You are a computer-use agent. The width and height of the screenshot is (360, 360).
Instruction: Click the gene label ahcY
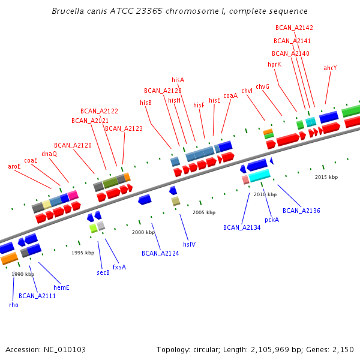tap(330, 68)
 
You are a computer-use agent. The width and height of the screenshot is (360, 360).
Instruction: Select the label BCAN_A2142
tap(294, 28)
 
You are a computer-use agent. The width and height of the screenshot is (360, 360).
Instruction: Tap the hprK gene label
tap(274, 65)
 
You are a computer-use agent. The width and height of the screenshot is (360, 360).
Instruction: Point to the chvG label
tap(262, 86)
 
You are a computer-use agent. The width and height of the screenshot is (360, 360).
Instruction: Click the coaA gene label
tap(230, 95)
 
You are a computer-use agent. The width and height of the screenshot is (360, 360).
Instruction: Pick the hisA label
tap(178, 80)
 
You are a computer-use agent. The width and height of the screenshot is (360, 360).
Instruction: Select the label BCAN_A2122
tap(99, 111)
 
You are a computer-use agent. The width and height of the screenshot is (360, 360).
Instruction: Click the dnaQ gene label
tap(49, 154)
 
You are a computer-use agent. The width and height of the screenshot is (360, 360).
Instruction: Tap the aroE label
tap(14, 166)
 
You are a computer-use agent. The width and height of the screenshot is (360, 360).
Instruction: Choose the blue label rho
tap(13, 305)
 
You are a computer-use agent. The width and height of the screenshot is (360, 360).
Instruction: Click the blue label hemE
tap(61, 287)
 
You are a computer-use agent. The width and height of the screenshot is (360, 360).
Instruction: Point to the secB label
tap(103, 272)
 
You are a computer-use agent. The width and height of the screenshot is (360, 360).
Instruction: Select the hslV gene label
tap(189, 244)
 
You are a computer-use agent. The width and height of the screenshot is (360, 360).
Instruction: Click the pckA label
tap(272, 220)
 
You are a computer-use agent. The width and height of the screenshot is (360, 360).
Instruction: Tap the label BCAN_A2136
tap(301, 211)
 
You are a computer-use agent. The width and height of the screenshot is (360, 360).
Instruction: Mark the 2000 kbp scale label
tap(143, 232)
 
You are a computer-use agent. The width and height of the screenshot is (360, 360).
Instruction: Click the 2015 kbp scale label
tap(326, 177)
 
